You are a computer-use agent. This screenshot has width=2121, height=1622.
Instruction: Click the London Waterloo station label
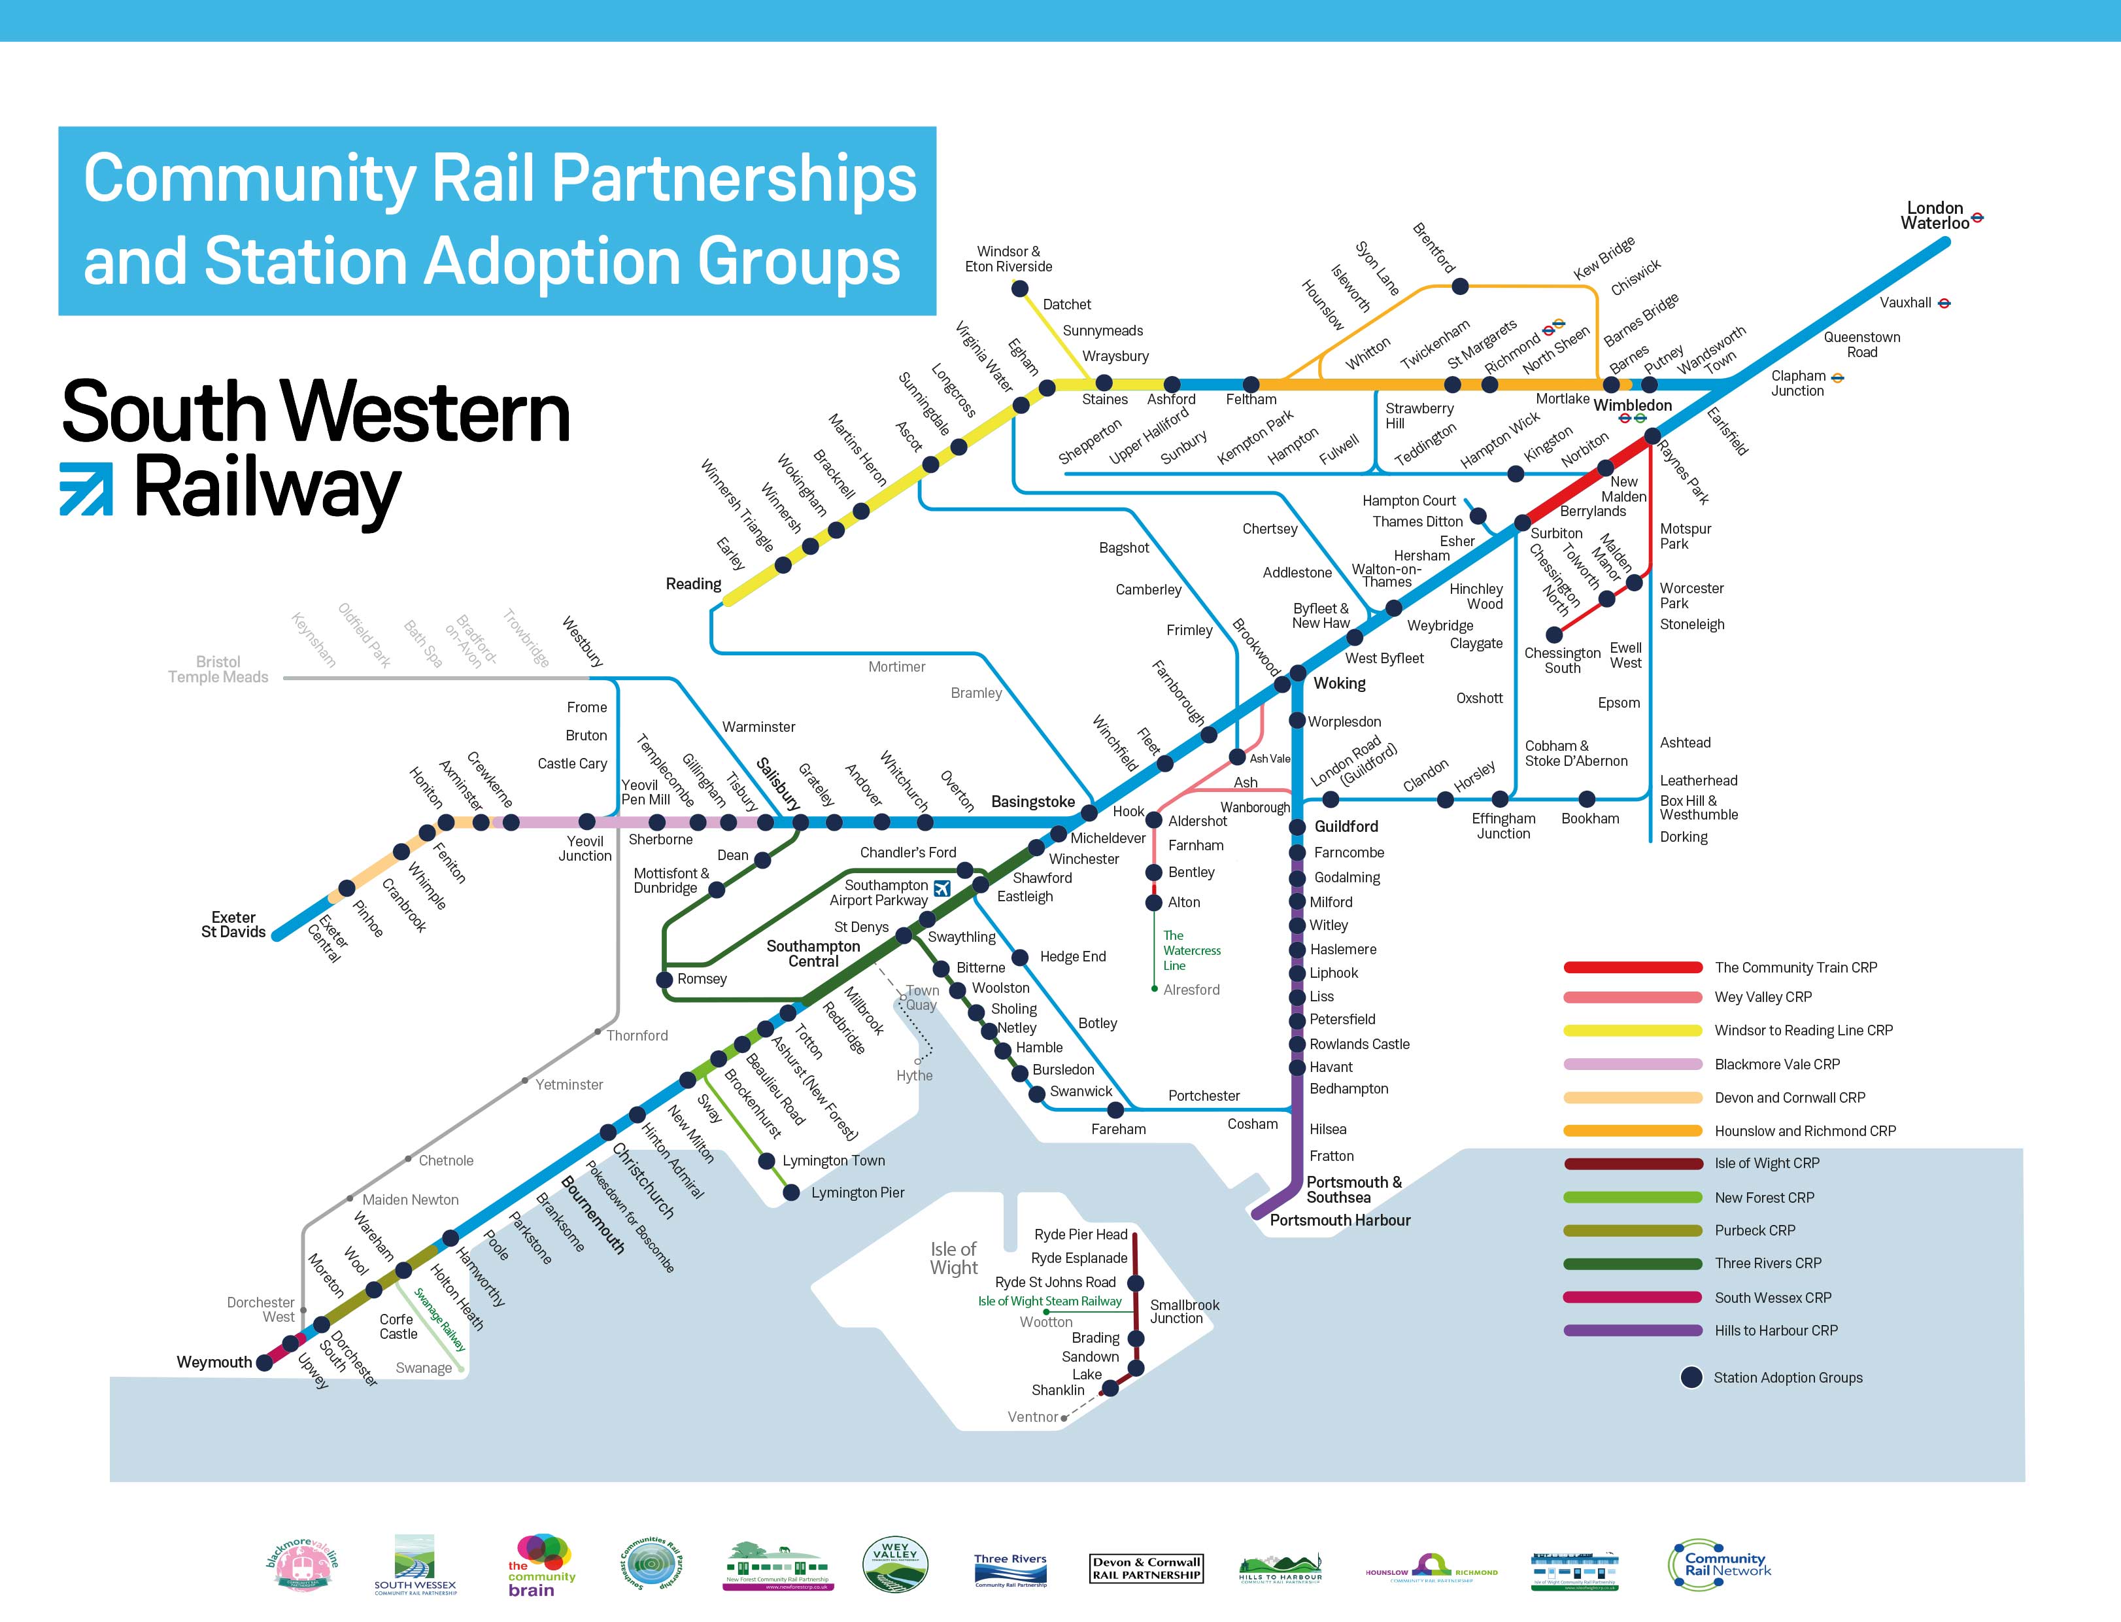[x=1934, y=215]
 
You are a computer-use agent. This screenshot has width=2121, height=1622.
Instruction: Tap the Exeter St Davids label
[x=233, y=924]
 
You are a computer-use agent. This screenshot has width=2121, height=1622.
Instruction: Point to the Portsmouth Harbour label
[x=1340, y=1220]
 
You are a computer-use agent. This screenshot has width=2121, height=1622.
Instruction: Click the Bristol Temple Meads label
[x=218, y=669]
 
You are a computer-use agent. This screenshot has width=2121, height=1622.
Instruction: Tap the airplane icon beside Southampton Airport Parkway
[x=942, y=888]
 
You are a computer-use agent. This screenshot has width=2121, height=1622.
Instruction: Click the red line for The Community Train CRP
[x=1633, y=967]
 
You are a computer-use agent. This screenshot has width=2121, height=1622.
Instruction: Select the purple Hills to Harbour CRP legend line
[x=1633, y=1330]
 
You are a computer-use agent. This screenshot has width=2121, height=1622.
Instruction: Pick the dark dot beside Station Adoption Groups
[x=1691, y=1378]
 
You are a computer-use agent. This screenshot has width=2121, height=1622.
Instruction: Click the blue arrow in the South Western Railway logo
[x=86, y=489]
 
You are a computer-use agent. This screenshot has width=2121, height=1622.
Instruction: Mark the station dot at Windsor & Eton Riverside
[x=1019, y=288]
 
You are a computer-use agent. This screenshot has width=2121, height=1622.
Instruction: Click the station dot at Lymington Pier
[x=791, y=1194]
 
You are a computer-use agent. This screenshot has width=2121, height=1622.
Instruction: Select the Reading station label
[x=693, y=584]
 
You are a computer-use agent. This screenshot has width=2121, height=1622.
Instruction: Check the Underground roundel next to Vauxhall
[x=1944, y=303]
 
